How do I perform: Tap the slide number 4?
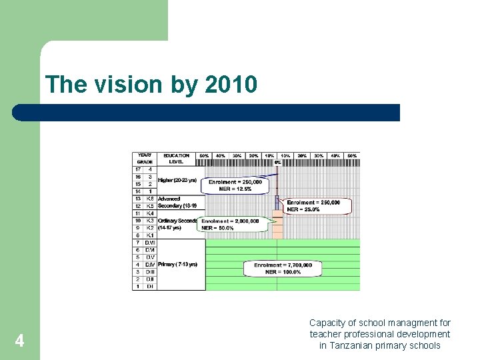click(x=20, y=341)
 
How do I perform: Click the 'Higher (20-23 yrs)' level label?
click(x=177, y=180)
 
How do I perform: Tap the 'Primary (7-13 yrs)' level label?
click(x=177, y=265)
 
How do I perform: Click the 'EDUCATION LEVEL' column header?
click(x=177, y=159)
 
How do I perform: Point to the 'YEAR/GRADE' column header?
click(x=145, y=159)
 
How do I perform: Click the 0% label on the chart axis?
click(x=277, y=162)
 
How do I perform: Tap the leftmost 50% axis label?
click(x=205, y=156)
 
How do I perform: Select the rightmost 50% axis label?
click(x=352, y=156)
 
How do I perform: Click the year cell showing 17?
click(x=138, y=169)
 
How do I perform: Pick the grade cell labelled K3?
click(x=150, y=220)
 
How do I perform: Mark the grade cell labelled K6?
click(x=150, y=199)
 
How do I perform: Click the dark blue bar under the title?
click(x=207, y=112)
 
